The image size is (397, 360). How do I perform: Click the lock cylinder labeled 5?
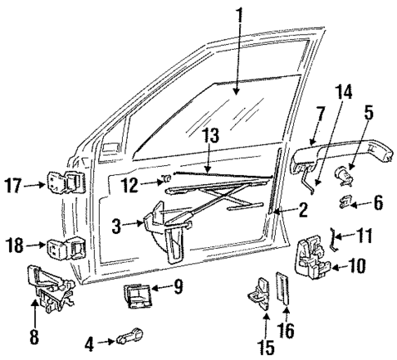pos(345,173)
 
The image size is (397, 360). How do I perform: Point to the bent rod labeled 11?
pos(334,238)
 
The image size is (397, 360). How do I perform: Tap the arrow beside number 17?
pos(35,185)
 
